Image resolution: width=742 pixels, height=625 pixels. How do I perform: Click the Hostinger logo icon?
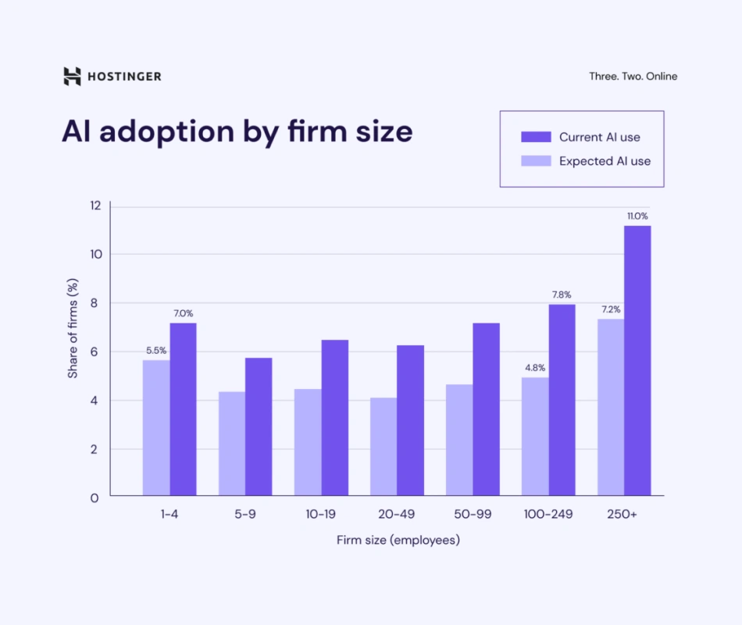pyautogui.click(x=72, y=76)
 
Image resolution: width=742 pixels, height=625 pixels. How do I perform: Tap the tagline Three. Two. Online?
pyautogui.click(x=633, y=77)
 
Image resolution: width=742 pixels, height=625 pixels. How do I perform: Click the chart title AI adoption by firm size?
pyautogui.click(x=237, y=131)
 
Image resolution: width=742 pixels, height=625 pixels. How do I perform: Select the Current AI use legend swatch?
pyautogui.click(x=536, y=137)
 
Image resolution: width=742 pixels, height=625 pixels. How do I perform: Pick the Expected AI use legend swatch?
pyautogui.click(x=536, y=161)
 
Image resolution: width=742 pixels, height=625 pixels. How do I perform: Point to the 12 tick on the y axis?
pyautogui.click(x=95, y=205)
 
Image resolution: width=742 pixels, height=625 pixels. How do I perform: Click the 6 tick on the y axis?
pyautogui.click(x=95, y=352)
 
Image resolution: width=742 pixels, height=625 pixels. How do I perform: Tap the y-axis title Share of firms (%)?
pyautogui.click(x=73, y=328)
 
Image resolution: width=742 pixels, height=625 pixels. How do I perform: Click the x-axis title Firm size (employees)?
pyautogui.click(x=398, y=540)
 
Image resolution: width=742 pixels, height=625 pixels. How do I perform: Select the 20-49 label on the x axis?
pyautogui.click(x=398, y=515)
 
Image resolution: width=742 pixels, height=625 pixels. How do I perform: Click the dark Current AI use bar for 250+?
pyautogui.click(x=637, y=360)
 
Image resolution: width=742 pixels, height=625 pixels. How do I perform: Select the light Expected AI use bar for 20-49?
pyautogui.click(x=383, y=446)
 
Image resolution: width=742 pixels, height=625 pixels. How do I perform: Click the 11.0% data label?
pyautogui.click(x=637, y=216)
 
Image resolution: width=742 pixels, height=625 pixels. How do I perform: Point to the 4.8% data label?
pyautogui.click(x=534, y=368)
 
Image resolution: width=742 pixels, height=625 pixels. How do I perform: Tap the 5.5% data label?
pyautogui.click(x=156, y=351)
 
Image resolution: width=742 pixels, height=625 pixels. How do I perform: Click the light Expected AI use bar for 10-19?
pyautogui.click(x=308, y=442)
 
